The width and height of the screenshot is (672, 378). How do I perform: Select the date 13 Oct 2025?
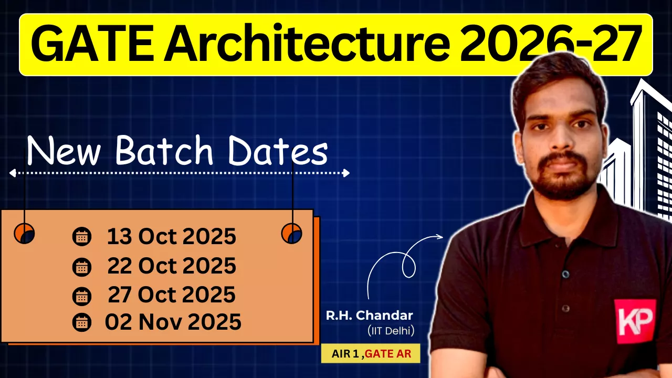coord(172,236)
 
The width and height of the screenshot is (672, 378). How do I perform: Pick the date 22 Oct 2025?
coord(172,266)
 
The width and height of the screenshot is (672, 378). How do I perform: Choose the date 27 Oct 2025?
coord(172,295)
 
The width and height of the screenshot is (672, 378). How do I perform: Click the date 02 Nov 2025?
coord(173,322)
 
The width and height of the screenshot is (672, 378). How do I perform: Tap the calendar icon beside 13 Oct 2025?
coord(82,237)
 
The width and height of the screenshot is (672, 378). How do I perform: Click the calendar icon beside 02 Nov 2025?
coord(82,322)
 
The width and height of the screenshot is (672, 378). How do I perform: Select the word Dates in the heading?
coord(278,151)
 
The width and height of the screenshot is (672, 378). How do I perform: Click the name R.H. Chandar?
coord(369,316)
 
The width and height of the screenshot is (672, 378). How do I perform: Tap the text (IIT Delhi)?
coord(391,331)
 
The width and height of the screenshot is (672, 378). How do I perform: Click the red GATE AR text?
coord(388,354)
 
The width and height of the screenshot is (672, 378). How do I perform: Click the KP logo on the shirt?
coord(635,321)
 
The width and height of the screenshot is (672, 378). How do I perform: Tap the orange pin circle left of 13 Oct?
coord(24,233)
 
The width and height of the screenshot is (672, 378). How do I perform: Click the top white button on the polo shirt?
coord(566,274)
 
